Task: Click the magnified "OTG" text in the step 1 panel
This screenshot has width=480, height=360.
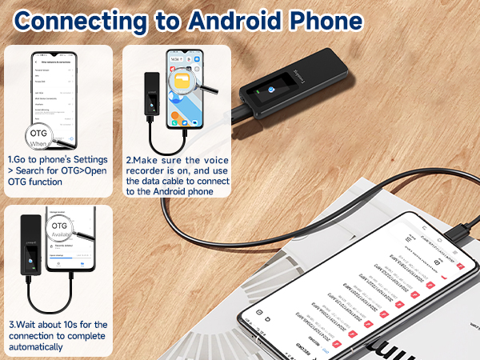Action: pos(38,133)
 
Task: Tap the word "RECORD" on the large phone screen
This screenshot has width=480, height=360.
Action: pos(304,346)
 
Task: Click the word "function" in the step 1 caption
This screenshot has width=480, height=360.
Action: pos(48,182)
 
